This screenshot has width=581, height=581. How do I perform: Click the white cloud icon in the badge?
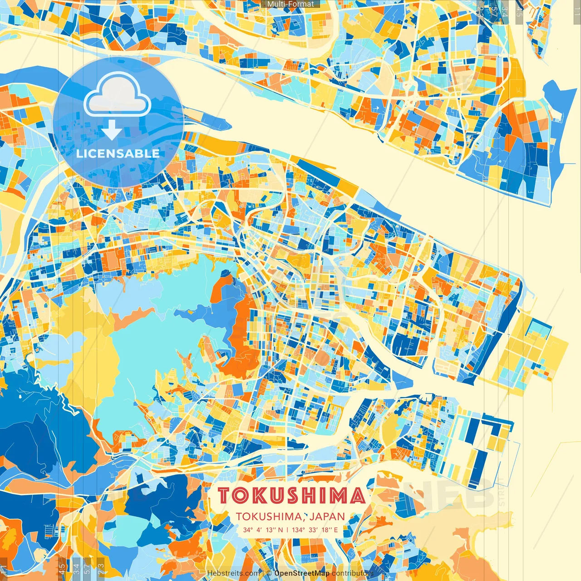tap(117, 96)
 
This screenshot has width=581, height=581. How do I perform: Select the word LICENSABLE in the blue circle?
tap(118, 153)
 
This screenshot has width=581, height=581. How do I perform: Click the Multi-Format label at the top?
tap(290, 4)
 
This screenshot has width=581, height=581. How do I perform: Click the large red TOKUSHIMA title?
tap(291, 496)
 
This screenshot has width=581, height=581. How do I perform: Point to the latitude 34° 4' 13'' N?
tap(262, 530)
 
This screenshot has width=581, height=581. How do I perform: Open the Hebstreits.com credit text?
tap(234, 573)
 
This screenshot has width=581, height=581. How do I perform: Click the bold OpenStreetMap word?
tap(302, 573)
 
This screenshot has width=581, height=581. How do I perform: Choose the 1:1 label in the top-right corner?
tap(576, 10)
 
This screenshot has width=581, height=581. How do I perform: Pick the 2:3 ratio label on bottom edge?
tap(101, 569)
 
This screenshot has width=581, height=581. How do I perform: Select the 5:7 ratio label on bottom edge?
tap(87, 569)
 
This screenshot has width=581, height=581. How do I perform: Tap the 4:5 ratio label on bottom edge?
tap(62, 569)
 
